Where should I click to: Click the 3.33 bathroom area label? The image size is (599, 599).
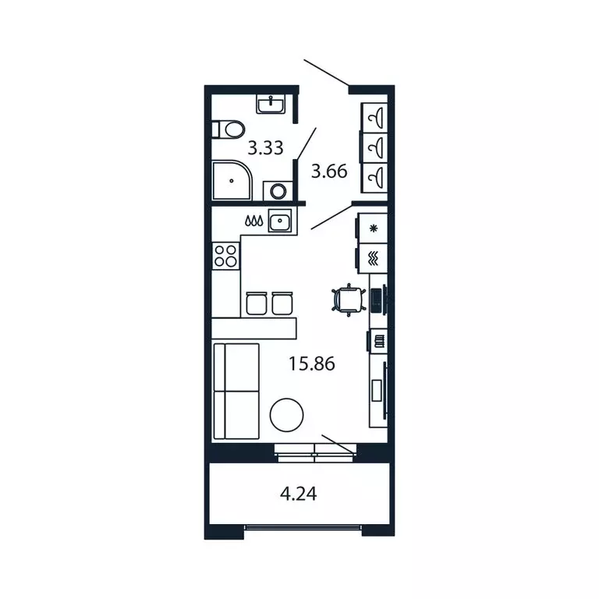(265, 147)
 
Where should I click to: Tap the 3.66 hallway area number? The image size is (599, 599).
(328, 171)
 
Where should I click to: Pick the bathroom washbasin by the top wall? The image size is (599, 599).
(272, 104)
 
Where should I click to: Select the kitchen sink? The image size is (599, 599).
(280, 222)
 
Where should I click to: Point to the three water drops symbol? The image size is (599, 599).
(253, 222)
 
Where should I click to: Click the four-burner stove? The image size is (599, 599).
(225, 255)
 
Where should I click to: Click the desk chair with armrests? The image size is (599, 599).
(348, 299)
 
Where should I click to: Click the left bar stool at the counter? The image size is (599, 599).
(257, 303)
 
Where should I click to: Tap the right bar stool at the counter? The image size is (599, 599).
(282, 303)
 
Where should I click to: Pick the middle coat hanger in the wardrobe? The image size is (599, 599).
(375, 146)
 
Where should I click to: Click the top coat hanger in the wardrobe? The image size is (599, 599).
(375, 117)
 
